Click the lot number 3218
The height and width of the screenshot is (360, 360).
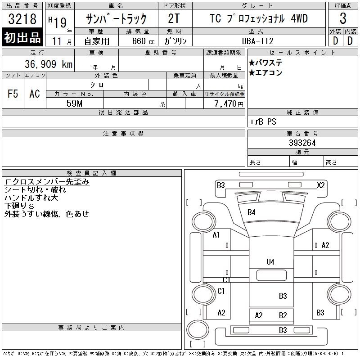[22, 19]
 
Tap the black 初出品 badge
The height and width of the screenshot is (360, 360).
[22, 37]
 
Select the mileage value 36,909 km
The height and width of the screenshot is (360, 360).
[49, 64]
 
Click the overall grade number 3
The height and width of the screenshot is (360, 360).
[343, 18]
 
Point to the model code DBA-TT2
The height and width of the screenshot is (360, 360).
[258, 41]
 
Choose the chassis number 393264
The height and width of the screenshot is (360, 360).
[302, 143]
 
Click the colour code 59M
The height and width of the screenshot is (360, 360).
[74, 103]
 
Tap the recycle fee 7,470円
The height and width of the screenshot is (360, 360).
[229, 104]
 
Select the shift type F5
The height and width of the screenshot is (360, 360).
[13, 94]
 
